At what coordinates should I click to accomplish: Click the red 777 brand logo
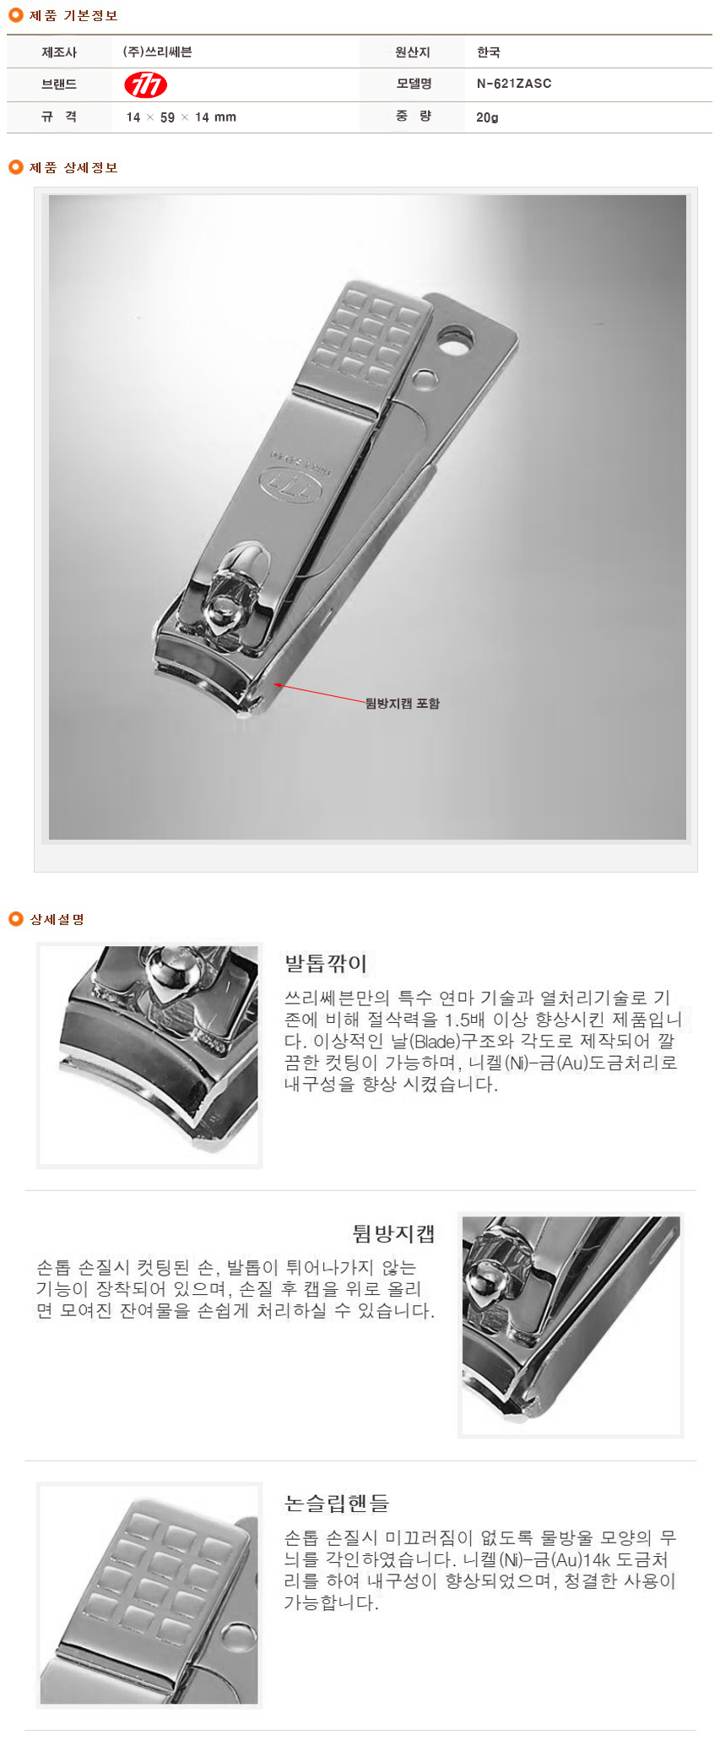pyautogui.click(x=145, y=84)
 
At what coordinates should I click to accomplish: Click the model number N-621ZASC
pyautogui.click(x=514, y=84)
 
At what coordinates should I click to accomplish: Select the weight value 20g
pyautogui.click(x=487, y=117)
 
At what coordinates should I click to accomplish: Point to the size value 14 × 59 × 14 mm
pyautogui.click(x=181, y=117)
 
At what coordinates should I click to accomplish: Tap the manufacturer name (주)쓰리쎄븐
pyautogui.click(x=158, y=52)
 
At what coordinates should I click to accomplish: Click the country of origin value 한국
pyautogui.click(x=489, y=52)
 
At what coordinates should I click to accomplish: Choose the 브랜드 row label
pyautogui.click(x=59, y=84)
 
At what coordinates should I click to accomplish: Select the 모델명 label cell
pyautogui.click(x=414, y=84)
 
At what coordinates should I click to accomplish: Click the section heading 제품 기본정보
pyautogui.click(x=73, y=16)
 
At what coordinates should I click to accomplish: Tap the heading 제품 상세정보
pyautogui.click(x=73, y=167)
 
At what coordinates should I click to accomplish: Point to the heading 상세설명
pyautogui.click(x=57, y=919)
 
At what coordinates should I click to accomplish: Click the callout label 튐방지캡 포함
pyautogui.click(x=403, y=703)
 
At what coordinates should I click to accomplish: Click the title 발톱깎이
pyautogui.click(x=326, y=964)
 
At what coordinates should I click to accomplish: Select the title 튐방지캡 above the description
pyautogui.click(x=393, y=1234)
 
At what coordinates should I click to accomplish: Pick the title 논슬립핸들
pyautogui.click(x=336, y=1504)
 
